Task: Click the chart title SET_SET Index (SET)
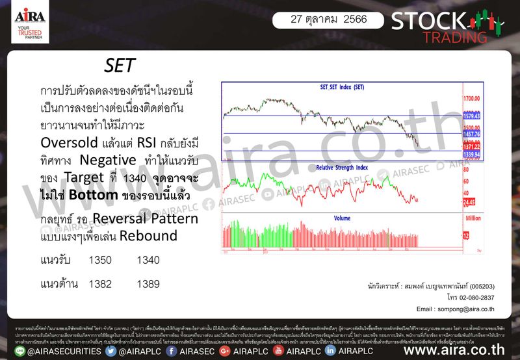343,87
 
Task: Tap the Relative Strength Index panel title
342,167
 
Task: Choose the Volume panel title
342,218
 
